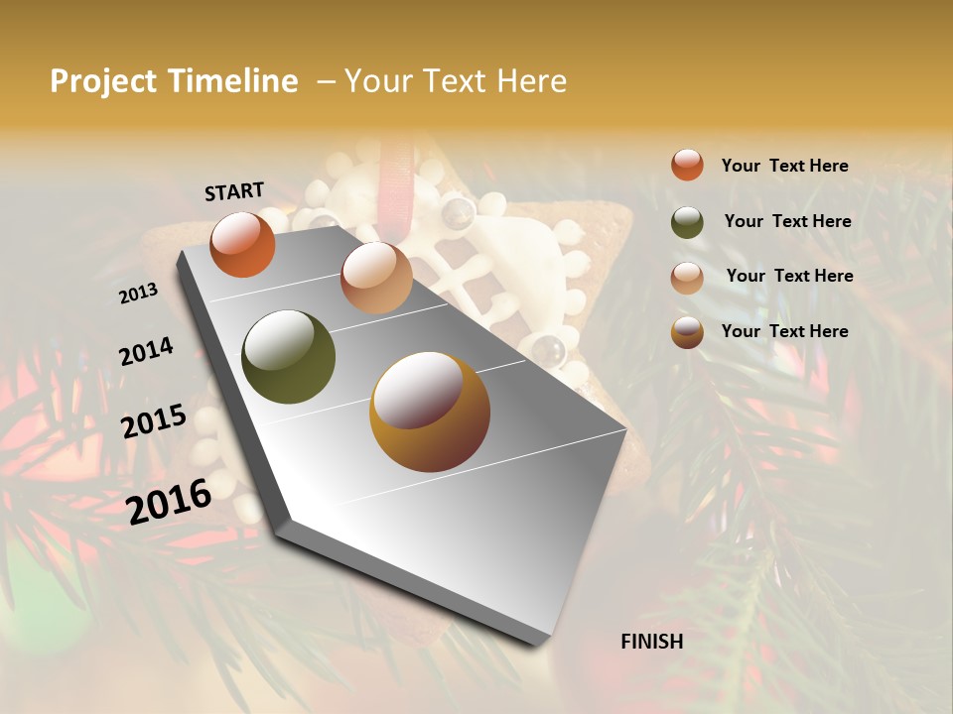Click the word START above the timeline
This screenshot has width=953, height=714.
234,191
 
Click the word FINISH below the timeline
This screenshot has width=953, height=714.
652,642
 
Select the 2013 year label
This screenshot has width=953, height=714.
138,294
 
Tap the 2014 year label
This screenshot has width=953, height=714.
146,351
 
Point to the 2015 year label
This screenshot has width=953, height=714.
154,421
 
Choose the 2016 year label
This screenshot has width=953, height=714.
169,501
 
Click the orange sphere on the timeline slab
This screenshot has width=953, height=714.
242,244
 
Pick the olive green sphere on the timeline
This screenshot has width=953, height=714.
288,357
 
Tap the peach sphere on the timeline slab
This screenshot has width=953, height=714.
376,278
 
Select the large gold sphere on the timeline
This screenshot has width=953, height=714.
430,412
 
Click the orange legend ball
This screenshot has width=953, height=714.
687,165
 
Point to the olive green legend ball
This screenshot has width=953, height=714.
687,222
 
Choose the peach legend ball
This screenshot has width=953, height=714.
687,278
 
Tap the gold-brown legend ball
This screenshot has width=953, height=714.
687,332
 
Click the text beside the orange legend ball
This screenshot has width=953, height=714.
784,166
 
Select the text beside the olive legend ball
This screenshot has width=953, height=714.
787,221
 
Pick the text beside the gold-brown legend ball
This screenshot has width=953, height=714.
784,331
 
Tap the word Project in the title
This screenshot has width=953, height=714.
103,81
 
